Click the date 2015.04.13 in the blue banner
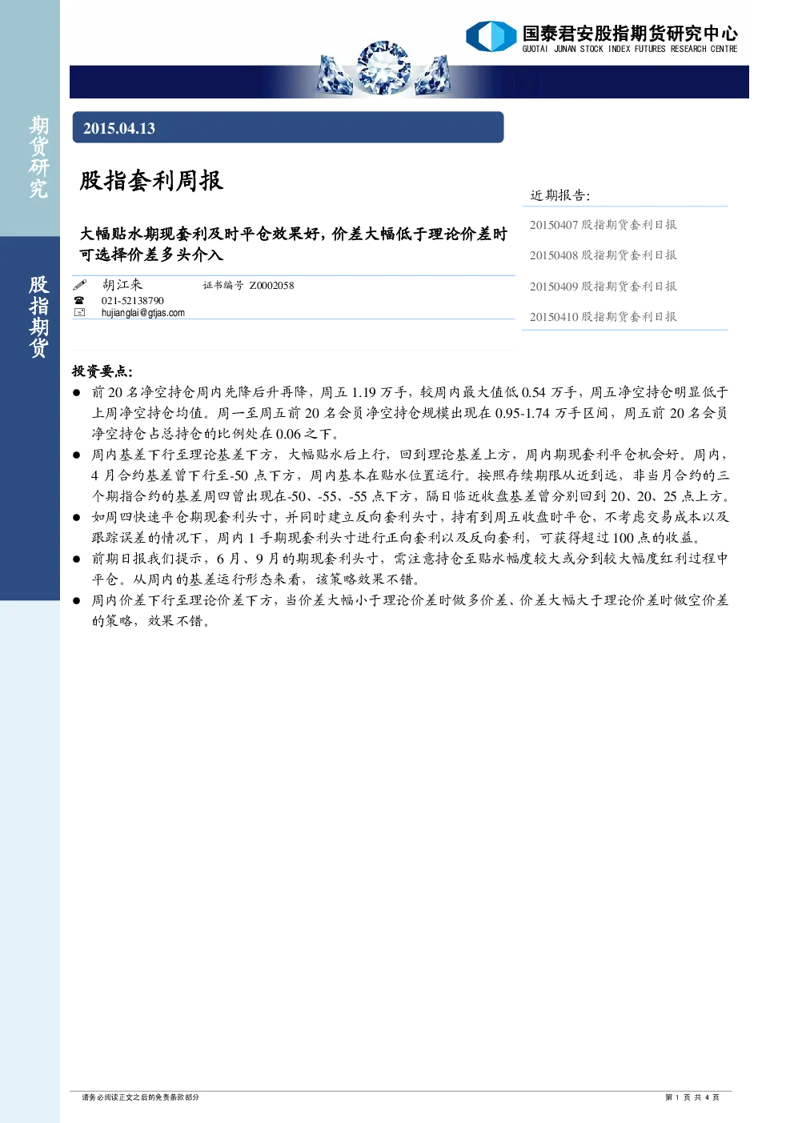point(119,128)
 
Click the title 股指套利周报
point(151,180)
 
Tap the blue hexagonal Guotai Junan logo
point(491,36)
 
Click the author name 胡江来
point(122,285)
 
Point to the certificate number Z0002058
point(271,286)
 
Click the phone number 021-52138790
point(133,300)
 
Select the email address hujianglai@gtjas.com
point(142,313)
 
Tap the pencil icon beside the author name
point(80,285)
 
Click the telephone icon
point(79,300)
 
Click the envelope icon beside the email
point(80,312)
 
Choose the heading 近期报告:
point(560,195)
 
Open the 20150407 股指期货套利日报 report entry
point(604,225)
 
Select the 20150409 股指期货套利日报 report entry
point(604,287)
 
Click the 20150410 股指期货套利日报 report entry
point(604,317)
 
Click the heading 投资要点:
point(102,371)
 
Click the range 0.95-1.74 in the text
point(523,413)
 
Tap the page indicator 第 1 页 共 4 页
point(692,1097)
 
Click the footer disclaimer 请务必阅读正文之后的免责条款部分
point(140,1097)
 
